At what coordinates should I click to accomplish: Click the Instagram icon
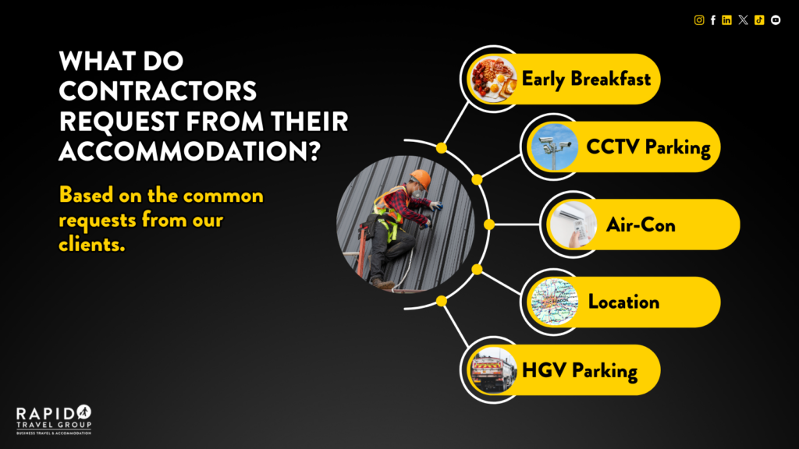pos(699,19)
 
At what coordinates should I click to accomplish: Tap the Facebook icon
pos(713,19)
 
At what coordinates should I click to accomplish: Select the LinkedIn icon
pos(726,19)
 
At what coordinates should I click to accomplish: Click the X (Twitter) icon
pos(743,19)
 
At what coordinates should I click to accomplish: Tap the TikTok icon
pos(759,19)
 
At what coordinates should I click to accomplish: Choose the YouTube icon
pos(776,19)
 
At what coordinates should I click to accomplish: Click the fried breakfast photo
pos(493,80)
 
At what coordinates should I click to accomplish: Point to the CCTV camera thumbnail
pos(554,147)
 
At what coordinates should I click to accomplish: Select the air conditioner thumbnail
pos(573,224)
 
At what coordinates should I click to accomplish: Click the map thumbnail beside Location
pos(554,302)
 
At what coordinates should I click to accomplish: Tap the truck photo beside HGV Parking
pos(493,370)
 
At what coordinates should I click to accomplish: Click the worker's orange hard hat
pos(421,179)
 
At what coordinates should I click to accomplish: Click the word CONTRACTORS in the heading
pos(158,91)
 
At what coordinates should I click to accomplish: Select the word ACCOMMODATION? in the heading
pos(190,151)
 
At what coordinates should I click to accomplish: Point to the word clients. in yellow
pos(92,244)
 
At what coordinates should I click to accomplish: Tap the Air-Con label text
pos(641,225)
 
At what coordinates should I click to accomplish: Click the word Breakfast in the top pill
pos(610,79)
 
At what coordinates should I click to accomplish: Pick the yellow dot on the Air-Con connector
pos(489,224)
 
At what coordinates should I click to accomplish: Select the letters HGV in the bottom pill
pos(544,370)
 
